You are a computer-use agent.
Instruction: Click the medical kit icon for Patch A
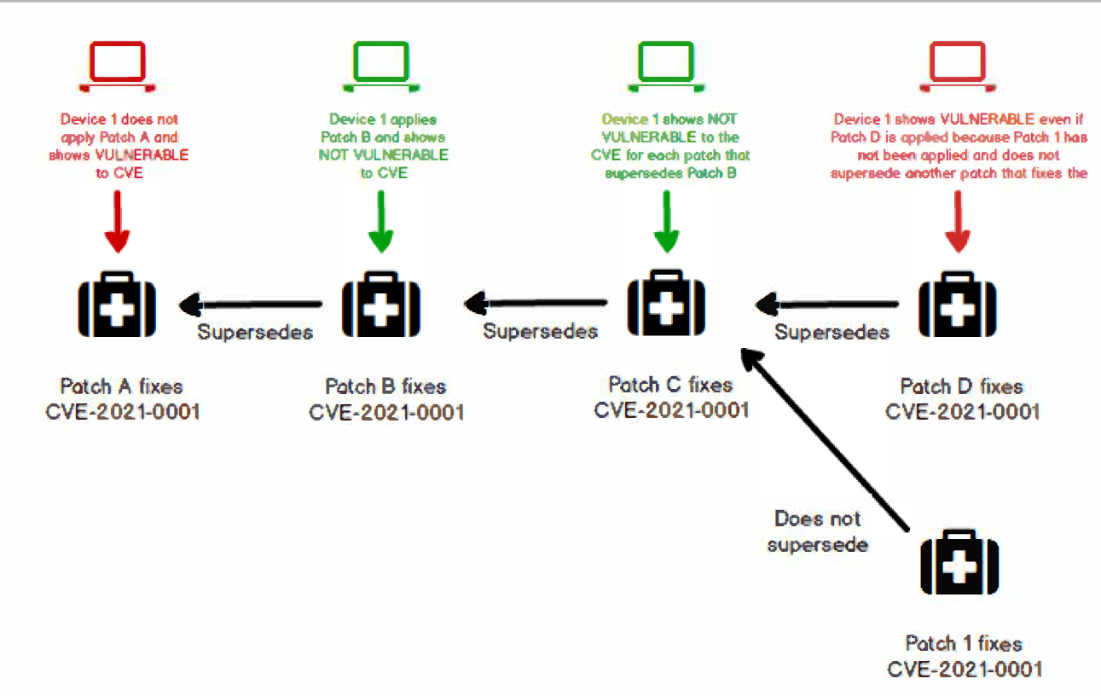point(118,305)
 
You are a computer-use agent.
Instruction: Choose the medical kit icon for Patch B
point(380,305)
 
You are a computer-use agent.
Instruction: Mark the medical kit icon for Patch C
point(666,305)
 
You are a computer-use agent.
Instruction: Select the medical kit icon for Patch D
point(957,305)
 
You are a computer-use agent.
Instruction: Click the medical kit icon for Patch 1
point(959,562)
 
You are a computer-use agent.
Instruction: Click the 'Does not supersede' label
point(817,531)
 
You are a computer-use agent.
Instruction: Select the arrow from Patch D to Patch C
point(827,302)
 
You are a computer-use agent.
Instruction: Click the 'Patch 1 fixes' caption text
point(964,643)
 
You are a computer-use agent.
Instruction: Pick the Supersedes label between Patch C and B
point(540,330)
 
